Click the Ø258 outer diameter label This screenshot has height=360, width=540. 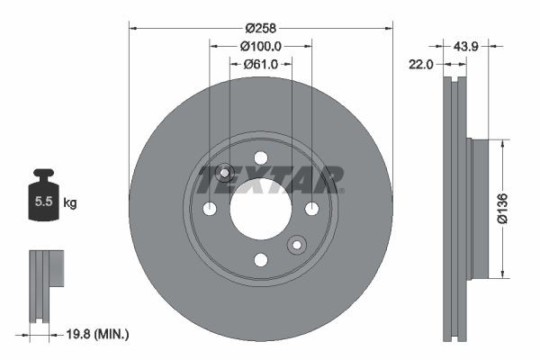[262, 27]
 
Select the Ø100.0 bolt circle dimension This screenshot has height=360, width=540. [262, 46]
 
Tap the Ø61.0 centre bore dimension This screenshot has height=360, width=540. [262, 64]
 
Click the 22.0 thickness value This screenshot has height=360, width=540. [422, 64]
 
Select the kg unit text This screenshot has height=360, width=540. [69, 203]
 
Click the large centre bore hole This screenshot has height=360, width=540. [261, 209]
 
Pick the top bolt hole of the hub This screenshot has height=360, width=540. [261, 157]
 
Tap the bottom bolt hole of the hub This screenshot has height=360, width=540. [261, 260]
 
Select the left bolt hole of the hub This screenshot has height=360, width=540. [210, 209]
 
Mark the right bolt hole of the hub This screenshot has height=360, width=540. [312, 209]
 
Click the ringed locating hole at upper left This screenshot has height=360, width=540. [225, 173]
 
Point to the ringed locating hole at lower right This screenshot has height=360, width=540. [297, 245]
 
